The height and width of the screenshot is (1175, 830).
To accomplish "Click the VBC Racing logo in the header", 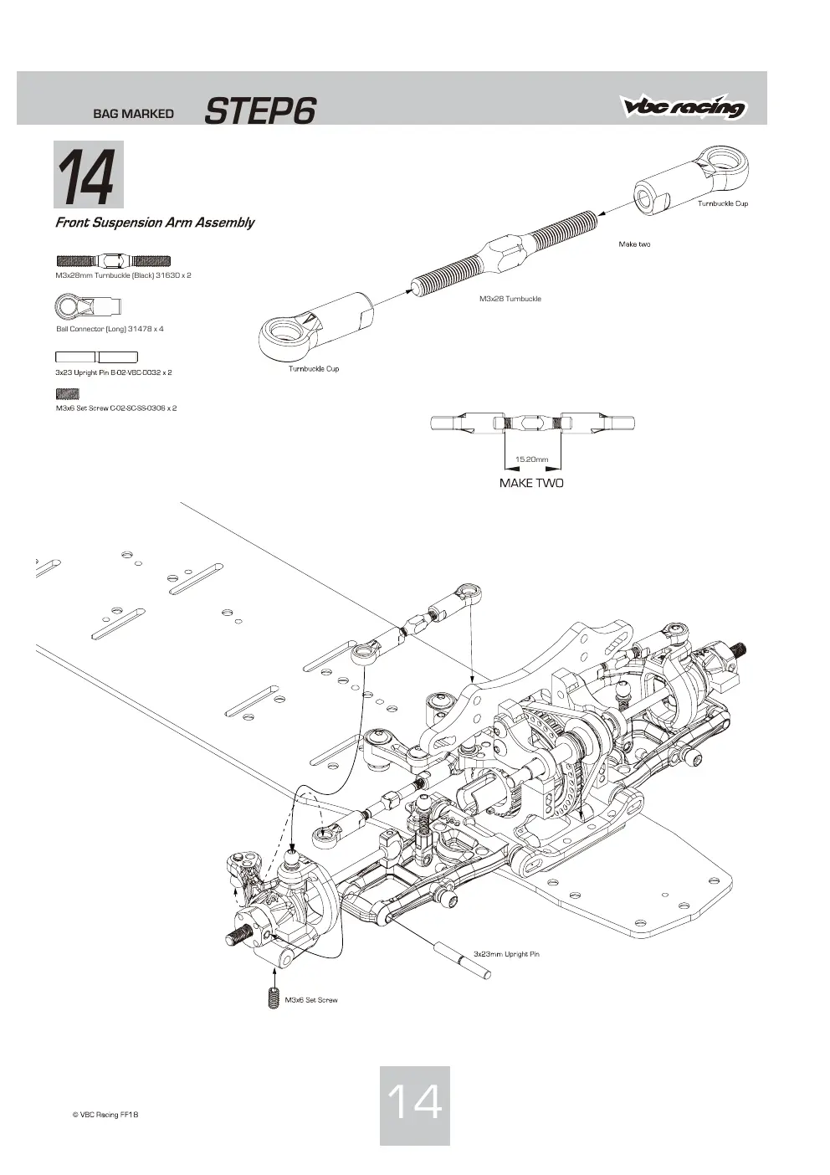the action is point(684,106).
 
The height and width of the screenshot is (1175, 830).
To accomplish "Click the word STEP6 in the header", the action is point(260,111).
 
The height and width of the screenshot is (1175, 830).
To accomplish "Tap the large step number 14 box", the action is point(89,174).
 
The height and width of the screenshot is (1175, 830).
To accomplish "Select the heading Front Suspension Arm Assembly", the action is point(155,223).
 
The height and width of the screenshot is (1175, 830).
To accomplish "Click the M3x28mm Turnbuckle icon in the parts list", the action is point(113,260).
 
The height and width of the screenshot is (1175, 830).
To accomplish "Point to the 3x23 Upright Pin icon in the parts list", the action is point(96,357).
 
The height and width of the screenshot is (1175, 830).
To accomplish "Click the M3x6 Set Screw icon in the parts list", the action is point(68,393).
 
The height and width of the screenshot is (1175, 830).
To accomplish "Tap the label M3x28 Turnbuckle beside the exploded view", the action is point(510,299).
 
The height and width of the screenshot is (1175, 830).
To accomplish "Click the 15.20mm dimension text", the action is point(531,459).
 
